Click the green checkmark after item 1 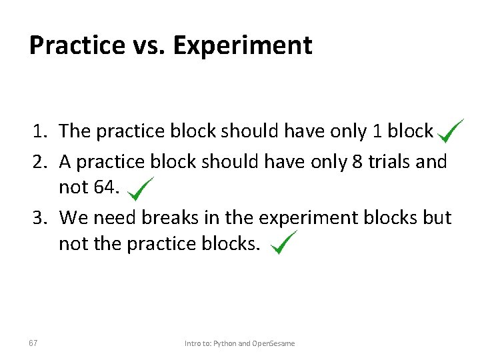tap(451, 130)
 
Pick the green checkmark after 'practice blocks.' tap(283, 243)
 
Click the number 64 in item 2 tap(106, 187)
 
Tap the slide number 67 tap(33, 343)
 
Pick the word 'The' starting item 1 tap(75, 131)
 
